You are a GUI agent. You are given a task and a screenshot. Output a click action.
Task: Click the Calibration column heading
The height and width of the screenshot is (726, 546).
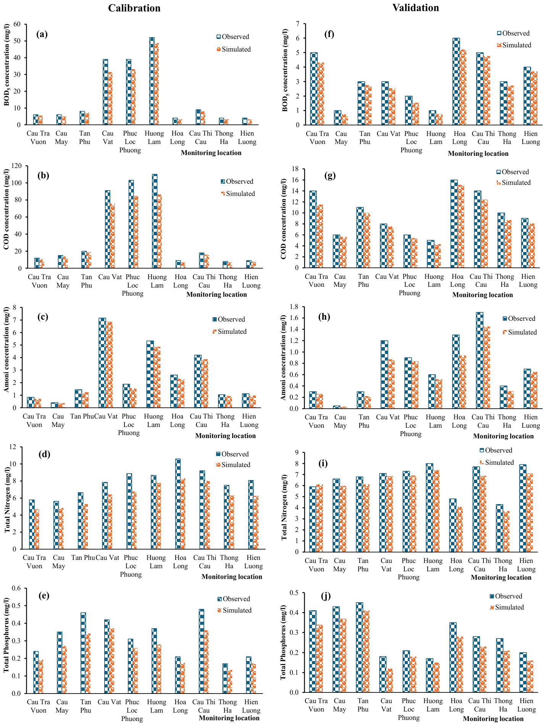coord(134,8)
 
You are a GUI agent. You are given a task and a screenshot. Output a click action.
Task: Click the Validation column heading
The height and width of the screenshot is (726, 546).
coord(415,8)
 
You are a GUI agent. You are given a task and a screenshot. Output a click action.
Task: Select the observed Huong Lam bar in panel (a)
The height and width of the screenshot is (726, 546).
coord(152,81)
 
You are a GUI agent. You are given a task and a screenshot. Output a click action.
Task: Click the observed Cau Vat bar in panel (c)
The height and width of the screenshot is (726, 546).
coord(102,363)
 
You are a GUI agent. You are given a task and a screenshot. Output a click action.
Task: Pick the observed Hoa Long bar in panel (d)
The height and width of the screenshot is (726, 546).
coord(178,504)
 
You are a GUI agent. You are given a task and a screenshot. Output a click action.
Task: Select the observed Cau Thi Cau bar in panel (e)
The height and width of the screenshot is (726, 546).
coord(202,651)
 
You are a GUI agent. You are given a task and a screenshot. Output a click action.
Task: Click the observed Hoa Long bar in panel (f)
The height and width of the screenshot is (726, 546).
coord(456,81)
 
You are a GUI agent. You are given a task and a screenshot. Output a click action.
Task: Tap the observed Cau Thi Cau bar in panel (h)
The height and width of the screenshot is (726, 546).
coord(480,361)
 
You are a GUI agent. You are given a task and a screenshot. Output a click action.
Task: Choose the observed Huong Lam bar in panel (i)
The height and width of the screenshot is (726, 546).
coord(430,508)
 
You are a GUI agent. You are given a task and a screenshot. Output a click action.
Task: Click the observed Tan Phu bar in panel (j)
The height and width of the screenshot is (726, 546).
coord(359,647)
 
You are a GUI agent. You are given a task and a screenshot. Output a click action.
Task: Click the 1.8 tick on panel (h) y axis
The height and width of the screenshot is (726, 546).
coord(293,307)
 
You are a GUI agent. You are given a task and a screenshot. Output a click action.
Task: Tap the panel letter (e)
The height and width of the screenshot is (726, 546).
coord(44,596)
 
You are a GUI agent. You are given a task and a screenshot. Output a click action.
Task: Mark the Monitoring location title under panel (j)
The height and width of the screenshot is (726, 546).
coord(493,719)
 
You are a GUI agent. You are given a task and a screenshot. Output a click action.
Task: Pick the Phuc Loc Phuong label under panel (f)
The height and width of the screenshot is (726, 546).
coord(411,142)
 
